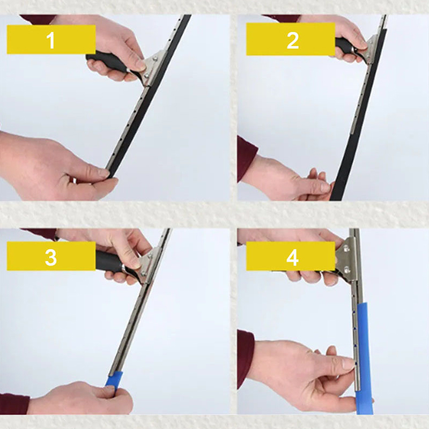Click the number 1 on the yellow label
(x=51, y=41)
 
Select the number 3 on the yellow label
(x=51, y=257)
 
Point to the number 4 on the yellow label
(x=292, y=257)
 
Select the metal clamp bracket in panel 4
(x=346, y=260)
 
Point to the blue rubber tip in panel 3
(x=114, y=379)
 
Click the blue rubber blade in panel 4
(x=364, y=356)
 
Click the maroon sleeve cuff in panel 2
(x=246, y=158)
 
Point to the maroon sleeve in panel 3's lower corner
(x=14, y=404)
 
